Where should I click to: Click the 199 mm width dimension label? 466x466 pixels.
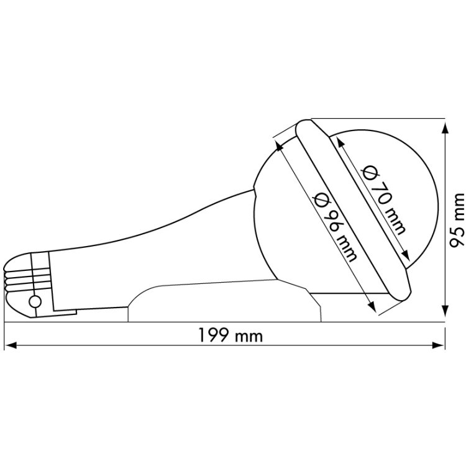tap(231, 336)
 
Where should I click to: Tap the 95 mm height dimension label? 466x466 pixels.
tap(456, 220)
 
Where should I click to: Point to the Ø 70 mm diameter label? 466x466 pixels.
tap(383, 199)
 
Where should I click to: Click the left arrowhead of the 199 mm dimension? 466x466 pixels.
tap(11, 345)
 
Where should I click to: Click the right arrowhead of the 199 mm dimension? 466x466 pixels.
tap(439, 345)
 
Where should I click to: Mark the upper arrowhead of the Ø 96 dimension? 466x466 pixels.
tap(280, 146)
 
